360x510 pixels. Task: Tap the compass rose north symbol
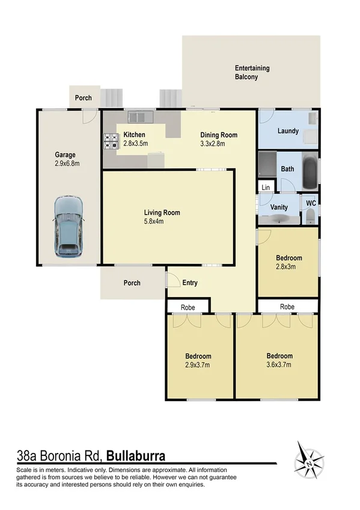[x=309, y=464]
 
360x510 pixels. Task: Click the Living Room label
[x=162, y=212]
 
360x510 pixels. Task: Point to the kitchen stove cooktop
[x=111, y=141]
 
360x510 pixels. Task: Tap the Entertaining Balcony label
[x=252, y=73]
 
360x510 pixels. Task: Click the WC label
[x=310, y=203]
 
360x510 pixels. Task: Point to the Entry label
[x=190, y=283]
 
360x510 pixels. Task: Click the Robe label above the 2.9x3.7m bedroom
[x=188, y=307]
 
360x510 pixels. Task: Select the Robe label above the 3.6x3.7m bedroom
[x=287, y=306]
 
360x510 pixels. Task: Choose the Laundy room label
[x=288, y=131]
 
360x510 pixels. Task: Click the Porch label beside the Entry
[x=132, y=283]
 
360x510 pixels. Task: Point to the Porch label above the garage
[x=84, y=98]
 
